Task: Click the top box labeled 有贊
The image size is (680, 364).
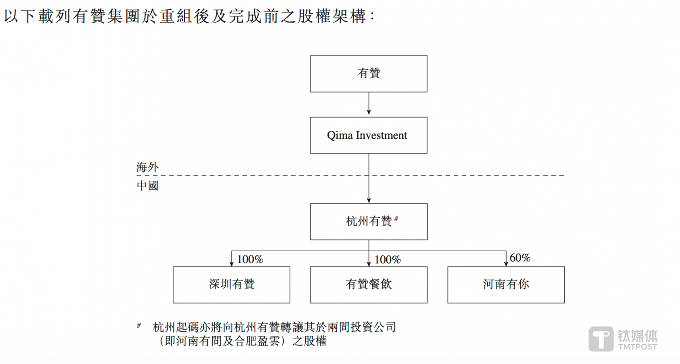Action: click(x=369, y=74)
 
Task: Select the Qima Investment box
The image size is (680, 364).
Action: click(x=369, y=135)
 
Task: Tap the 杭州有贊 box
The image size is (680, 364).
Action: click(x=369, y=221)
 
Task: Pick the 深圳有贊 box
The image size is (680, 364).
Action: click(x=232, y=284)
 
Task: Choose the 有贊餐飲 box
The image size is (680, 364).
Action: click(x=369, y=284)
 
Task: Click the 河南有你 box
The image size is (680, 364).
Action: click(x=506, y=284)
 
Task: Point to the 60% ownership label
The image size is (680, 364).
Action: click(x=520, y=258)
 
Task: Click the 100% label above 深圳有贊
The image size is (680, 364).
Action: click(x=250, y=259)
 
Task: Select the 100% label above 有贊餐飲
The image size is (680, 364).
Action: click(x=387, y=259)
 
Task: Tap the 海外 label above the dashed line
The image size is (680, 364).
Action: click(x=147, y=167)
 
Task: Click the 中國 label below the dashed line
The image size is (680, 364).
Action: click(x=147, y=186)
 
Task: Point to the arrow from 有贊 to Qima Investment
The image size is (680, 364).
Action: click(x=369, y=104)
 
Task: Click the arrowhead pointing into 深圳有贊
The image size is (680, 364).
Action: click(x=232, y=263)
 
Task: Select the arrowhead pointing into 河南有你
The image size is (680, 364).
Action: click(x=506, y=263)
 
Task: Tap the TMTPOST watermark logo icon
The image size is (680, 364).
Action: click(x=601, y=339)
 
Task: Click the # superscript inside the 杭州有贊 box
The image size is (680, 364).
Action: click(x=396, y=219)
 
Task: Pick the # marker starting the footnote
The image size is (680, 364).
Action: click(x=139, y=325)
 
